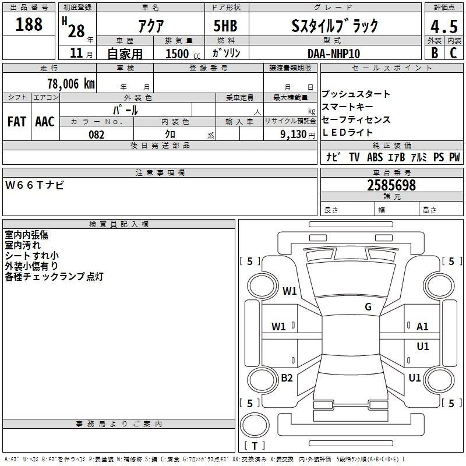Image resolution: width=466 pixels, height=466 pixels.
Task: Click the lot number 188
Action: pyautogui.click(x=29, y=24)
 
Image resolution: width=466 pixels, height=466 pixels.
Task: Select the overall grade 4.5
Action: pyautogui.click(x=444, y=26)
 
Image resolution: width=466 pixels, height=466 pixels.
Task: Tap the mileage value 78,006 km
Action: pyautogui.click(x=71, y=84)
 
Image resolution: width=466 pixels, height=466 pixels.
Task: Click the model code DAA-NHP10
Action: pyautogui.click(x=334, y=54)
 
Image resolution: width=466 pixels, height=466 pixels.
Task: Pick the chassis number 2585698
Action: pyautogui.click(x=391, y=185)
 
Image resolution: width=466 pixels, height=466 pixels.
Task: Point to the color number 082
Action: pyautogui.click(x=97, y=135)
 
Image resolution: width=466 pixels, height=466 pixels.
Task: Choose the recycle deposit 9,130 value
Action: pyautogui.click(x=294, y=135)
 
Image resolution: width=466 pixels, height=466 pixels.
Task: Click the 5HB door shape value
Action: pyautogui.click(x=225, y=26)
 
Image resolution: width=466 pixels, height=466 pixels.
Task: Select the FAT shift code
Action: pyautogui.click(x=17, y=122)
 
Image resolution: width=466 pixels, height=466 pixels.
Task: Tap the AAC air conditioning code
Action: pyautogui.click(x=45, y=122)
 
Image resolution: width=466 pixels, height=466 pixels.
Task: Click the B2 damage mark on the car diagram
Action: pyautogui.click(x=287, y=377)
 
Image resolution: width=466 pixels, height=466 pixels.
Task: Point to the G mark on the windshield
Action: pyautogui.click(x=368, y=306)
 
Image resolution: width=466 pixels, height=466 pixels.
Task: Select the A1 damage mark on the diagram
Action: pyautogui.click(x=422, y=327)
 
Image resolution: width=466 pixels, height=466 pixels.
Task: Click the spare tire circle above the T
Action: pyautogui.click(x=255, y=425)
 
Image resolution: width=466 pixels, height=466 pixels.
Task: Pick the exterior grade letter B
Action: pyautogui.click(x=435, y=53)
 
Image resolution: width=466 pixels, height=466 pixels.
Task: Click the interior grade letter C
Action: pyautogui.click(x=453, y=53)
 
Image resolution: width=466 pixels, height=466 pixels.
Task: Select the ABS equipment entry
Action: pyautogui.click(x=375, y=157)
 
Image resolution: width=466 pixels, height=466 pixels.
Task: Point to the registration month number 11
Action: pyautogui.click(x=76, y=53)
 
